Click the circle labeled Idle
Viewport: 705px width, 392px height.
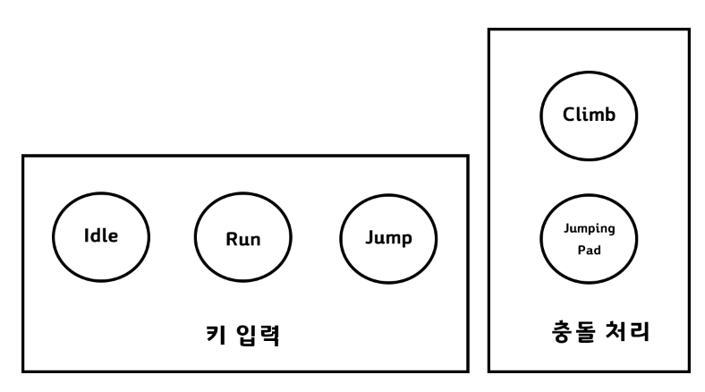point(100,237)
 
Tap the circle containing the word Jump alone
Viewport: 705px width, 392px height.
point(388,238)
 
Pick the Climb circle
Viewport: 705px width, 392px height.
point(589,115)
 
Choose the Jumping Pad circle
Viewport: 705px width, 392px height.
point(589,237)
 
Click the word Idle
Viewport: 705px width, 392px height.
point(100,236)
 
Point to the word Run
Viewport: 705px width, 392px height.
point(244,240)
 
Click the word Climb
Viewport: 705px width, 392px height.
point(589,115)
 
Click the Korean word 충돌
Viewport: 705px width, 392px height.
point(565,333)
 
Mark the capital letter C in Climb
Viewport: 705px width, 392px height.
point(568,115)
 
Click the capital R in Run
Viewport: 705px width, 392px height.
point(231,240)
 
